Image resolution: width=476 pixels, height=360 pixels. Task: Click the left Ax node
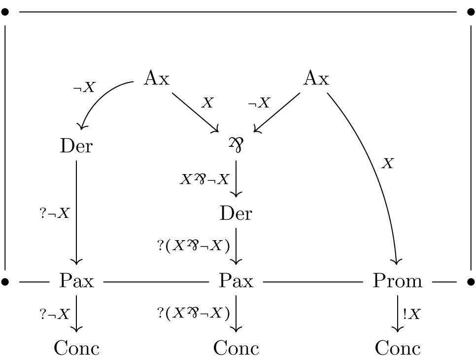click(156, 78)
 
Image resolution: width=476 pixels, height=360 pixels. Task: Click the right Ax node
click(316, 78)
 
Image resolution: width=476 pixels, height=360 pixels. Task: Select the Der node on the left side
click(76, 146)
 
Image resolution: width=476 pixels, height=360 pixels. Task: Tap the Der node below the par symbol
click(236, 214)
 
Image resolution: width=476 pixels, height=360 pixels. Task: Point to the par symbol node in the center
click(236, 144)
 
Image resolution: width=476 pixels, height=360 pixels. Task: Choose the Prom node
click(397, 281)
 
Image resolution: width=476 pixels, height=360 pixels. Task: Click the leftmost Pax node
click(76, 281)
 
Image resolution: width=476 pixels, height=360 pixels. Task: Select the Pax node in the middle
click(236, 281)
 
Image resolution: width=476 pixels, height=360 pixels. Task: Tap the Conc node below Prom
click(397, 349)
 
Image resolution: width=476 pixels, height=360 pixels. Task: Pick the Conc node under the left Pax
click(76, 349)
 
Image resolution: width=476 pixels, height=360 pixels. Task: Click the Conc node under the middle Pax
click(236, 349)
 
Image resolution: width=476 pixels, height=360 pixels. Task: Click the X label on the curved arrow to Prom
click(388, 164)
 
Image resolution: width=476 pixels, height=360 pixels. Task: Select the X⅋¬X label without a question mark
click(204, 179)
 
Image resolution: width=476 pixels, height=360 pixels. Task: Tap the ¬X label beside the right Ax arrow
click(259, 103)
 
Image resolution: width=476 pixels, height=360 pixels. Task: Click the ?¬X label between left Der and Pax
click(55, 214)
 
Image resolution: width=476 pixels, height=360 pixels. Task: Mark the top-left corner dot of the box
click(5, 12)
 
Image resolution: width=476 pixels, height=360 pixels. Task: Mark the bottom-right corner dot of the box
click(471, 282)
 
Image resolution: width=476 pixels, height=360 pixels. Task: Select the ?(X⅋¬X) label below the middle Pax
click(194, 314)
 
